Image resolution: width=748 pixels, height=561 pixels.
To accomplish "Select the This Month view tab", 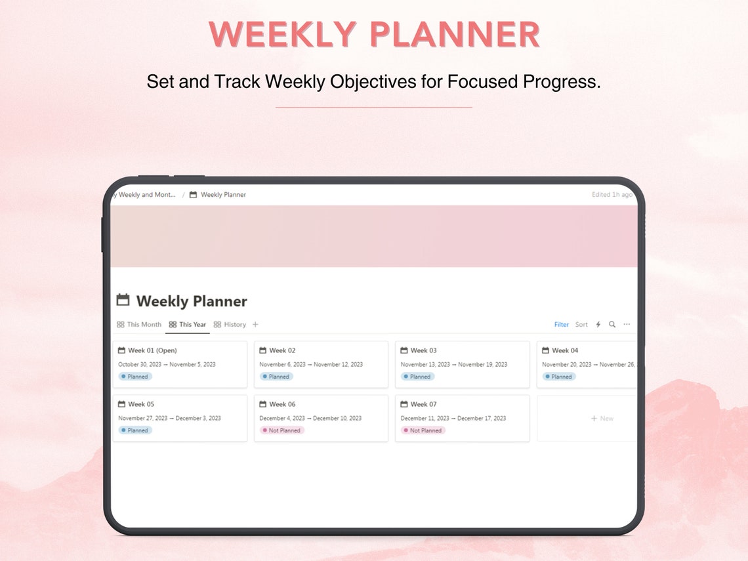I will click(139, 324).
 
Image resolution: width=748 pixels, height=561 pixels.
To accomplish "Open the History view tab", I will click(230, 324).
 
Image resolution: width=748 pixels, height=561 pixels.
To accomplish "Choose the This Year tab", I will click(188, 324).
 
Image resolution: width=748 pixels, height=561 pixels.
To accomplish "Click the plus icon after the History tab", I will click(255, 324).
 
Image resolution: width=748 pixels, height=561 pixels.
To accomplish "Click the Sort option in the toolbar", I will click(581, 324).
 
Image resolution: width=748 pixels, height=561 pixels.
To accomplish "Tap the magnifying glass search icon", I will click(612, 324).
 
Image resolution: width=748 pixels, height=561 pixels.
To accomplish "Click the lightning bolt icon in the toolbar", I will click(598, 324).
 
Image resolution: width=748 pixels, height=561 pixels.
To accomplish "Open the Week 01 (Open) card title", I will click(152, 350).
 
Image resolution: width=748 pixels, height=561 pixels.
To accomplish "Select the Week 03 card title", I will click(423, 350).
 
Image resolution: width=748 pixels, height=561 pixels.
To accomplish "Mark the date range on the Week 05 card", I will click(169, 418).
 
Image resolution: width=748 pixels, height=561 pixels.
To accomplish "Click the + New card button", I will click(602, 418).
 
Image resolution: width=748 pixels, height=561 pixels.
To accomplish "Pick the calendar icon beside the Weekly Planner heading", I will click(123, 300).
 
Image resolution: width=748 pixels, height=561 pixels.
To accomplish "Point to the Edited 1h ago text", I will click(612, 195).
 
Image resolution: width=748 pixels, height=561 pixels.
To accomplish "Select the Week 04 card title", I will click(565, 350).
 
